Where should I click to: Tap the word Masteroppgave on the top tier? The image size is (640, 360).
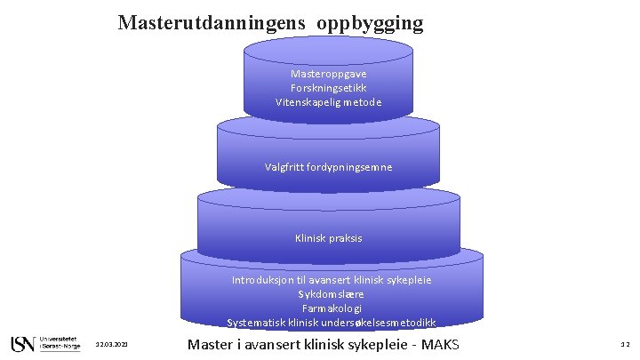pos(328,74)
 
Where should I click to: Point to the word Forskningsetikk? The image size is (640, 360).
pos(328,88)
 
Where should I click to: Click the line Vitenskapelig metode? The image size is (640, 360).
pos(328,102)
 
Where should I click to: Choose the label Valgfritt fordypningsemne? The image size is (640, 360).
pos(328,166)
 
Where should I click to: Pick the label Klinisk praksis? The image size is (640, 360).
pos(328,238)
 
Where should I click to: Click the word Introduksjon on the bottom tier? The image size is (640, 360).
pos(262,280)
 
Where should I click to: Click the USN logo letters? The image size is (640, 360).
pos(22,343)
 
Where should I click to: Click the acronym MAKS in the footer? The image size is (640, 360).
pos(450,343)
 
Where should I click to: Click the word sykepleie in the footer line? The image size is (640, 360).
pos(381,343)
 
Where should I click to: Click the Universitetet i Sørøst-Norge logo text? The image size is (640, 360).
pos(60,343)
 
